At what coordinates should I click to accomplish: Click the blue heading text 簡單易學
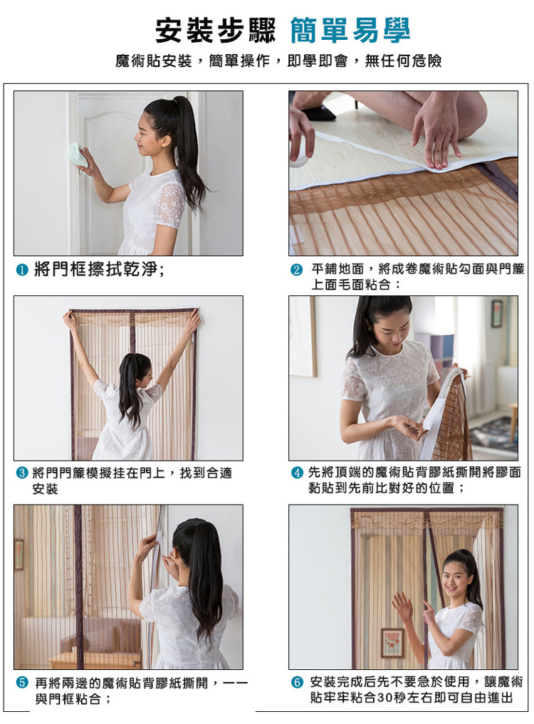pyautogui.click(x=350, y=31)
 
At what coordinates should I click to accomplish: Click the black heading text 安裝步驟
pyautogui.click(x=215, y=31)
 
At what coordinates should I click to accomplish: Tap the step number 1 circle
pyautogui.click(x=22, y=270)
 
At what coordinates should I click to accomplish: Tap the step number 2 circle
pyautogui.click(x=297, y=270)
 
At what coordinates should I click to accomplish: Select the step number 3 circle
pyautogui.click(x=22, y=473)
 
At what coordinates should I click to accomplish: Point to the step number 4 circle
pyautogui.click(x=297, y=473)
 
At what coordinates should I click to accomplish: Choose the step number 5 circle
pyautogui.click(x=22, y=683)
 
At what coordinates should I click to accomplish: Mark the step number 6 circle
pyautogui.click(x=297, y=682)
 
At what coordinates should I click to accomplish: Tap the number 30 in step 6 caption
pyautogui.click(x=385, y=698)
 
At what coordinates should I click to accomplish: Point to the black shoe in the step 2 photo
pyautogui.click(x=319, y=112)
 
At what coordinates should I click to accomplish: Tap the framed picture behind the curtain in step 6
pyautogui.click(x=392, y=643)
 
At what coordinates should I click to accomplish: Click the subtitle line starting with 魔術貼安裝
pyautogui.click(x=278, y=61)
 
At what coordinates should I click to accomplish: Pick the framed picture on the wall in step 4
pyautogui.click(x=497, y=313)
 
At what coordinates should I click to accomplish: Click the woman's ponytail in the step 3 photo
pyautogui.click(x=130, y=388)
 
